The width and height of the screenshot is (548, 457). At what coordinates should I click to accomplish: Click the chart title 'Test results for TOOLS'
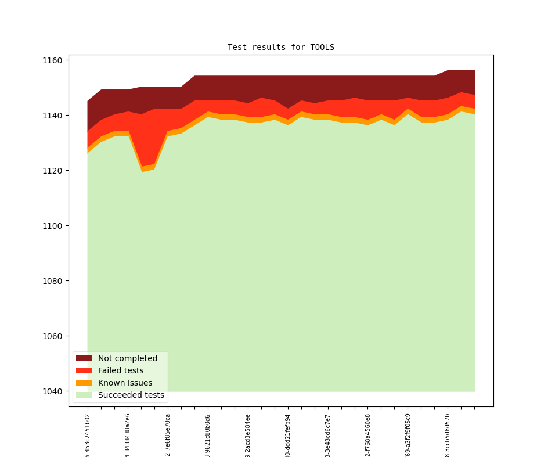click(x=280, y=47)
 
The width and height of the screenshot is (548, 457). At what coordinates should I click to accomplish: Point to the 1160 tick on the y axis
click(x=52, y=60)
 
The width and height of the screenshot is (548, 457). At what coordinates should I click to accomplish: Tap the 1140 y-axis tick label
click(x=52, y=116)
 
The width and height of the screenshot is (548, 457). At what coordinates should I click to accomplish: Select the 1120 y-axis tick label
click(x=52, y=171)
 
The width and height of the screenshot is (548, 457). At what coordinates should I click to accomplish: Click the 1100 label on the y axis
click(x=52, y=226)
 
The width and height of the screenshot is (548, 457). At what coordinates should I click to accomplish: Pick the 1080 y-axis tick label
click(x=52, y=281)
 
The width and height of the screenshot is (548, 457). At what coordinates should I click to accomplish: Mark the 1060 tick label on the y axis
click(x=52, y=336)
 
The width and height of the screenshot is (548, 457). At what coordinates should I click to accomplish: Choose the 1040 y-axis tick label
click(x=52, y=391)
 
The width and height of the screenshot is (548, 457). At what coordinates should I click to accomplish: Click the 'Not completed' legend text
click(x=128, y=358)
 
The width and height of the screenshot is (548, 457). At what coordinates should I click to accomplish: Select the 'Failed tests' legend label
click(x=121, y=370)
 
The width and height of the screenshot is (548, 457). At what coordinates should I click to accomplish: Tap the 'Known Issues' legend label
click(x=125, y=383)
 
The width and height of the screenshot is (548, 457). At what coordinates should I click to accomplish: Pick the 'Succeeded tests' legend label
click(x=131, y=395)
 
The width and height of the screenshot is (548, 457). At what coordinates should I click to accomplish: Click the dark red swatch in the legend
click(x=84, y=358)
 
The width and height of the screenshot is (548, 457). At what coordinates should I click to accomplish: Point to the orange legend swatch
click(x=84, y=383)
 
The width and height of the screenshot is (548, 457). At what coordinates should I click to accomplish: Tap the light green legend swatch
click(x=84, y=395)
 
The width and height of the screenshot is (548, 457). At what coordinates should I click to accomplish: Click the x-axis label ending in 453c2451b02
click(x=88, y=435)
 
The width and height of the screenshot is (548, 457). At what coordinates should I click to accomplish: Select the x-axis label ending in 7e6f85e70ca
click(x=168, y=435)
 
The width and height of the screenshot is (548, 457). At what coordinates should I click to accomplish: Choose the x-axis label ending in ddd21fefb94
click(x=288, y=435)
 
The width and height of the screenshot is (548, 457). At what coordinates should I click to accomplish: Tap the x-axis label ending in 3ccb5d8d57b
click(x=448, y=435)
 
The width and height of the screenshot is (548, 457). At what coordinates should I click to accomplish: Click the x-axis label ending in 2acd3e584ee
click(x=248, y=435)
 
